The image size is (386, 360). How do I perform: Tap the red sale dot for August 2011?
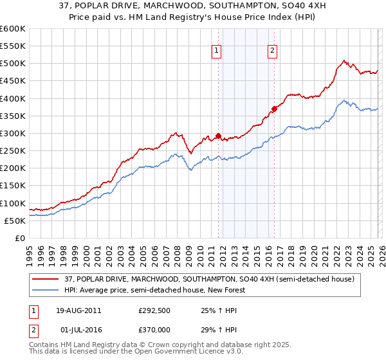(218, 136)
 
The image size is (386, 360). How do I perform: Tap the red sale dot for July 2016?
(274, 109)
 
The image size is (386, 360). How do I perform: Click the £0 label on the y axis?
(20, 238)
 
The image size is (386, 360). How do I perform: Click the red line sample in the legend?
(46, 280)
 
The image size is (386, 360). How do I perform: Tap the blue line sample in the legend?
(46, 291)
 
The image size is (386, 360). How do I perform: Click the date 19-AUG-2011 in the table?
(78, 310)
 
